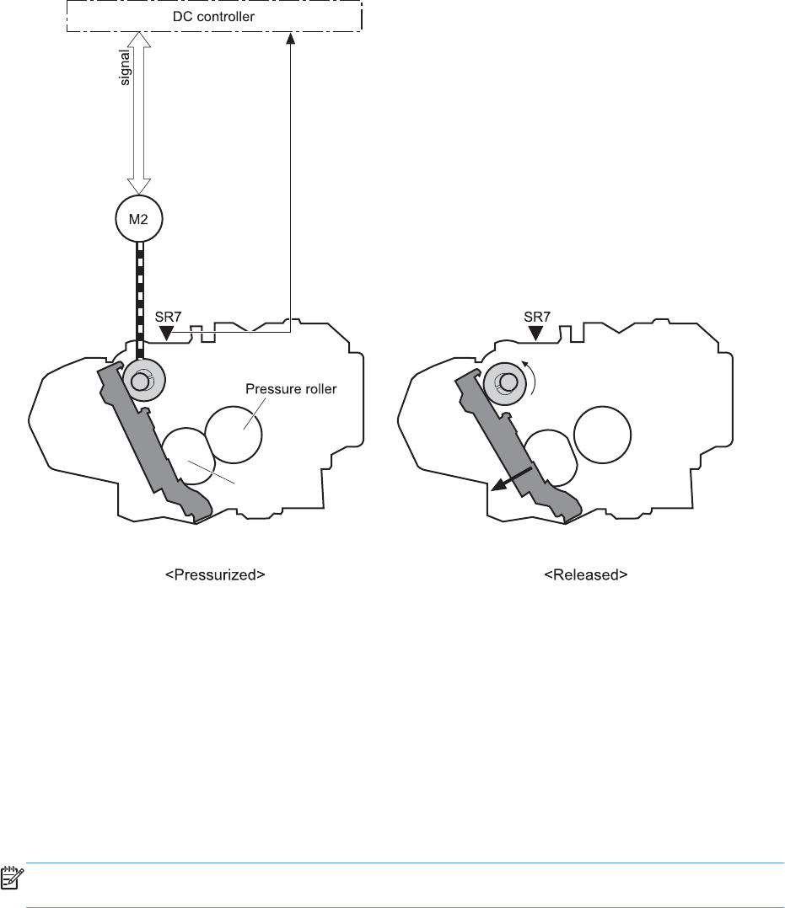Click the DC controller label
click(214, 15)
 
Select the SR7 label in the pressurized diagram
click(168, 318)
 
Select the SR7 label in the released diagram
click(537, 318)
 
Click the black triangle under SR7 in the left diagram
click(168, 334)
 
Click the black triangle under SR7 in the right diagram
click(535, 334)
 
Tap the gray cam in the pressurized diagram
click(141, 382)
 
